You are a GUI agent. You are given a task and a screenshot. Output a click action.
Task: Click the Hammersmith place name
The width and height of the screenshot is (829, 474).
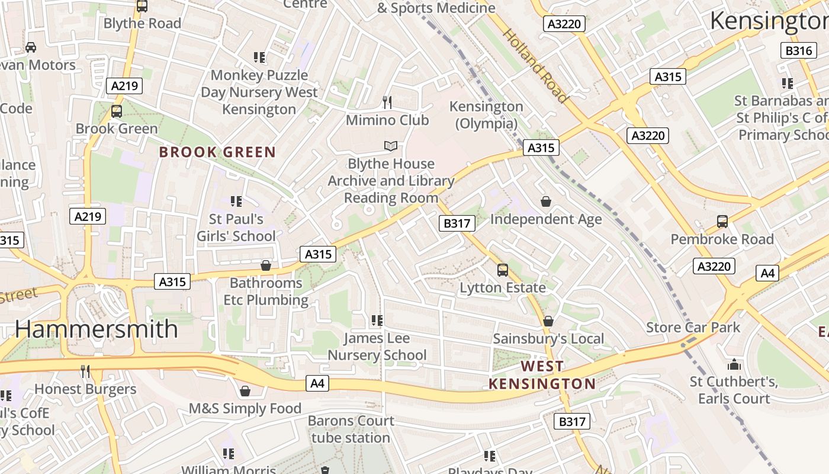(x=96, y=329)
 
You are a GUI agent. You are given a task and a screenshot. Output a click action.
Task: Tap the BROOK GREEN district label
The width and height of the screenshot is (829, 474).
(x=217, y=152)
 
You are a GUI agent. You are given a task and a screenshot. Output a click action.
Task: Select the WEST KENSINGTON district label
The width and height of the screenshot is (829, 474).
(x=542, y=375)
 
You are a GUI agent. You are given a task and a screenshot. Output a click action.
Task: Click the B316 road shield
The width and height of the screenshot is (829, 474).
(x=798, y=50)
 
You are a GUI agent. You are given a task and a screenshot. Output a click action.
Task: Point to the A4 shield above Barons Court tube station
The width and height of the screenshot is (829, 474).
(x=318, y=383)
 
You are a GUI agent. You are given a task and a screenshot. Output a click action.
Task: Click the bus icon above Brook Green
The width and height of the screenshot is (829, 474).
(x=117, y=111)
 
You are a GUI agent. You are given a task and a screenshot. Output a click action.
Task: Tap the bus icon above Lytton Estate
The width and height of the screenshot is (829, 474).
(x=502, y=270)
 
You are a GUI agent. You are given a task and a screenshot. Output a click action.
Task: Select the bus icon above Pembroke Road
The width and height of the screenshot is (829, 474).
(x=722, y=222)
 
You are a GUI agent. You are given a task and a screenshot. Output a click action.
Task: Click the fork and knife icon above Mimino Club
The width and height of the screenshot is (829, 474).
(x=387, y=103)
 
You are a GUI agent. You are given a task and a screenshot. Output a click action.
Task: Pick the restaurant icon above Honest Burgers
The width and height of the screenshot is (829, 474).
(x=85, y=371)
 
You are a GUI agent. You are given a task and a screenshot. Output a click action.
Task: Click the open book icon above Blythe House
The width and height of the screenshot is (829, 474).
(x=390, y=146)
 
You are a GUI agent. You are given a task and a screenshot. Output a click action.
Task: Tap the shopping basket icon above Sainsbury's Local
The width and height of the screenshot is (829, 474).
(x=548, y=321)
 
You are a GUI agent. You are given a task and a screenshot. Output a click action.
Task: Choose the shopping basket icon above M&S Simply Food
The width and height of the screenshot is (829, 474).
(x=245, y=391)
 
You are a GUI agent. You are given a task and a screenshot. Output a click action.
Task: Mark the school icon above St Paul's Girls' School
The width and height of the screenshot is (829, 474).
(x=236, y=201)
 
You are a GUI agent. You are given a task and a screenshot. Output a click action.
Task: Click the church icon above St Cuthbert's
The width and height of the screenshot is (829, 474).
(x=734, y=364)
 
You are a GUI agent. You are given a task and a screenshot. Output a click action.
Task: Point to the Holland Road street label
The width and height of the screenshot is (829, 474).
(x=535, y=65)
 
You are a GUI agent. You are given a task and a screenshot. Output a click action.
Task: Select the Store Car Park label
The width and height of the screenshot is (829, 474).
(x=693, y=327)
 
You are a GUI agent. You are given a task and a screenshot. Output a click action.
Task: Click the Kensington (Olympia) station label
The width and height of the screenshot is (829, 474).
(x=486, y=115)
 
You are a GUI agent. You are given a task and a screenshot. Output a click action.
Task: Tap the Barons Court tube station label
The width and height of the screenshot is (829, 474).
(x=351, y=429)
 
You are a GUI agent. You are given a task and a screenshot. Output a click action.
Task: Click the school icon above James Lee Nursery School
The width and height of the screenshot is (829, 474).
(x=377, y=321)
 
